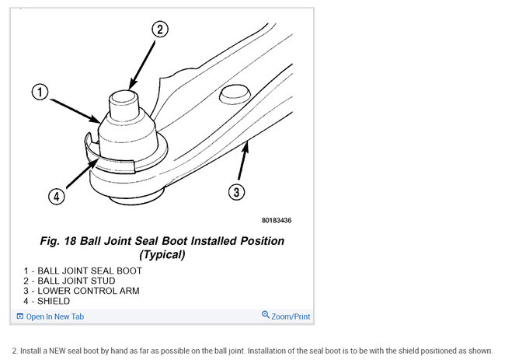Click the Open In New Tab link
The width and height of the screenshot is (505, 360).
click(x=54, y=316)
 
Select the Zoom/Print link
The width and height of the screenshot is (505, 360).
click(x=291, y=316)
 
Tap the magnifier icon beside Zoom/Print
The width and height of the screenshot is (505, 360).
click(x=266, y=316)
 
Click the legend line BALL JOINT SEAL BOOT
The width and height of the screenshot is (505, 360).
click(x=83, y=271)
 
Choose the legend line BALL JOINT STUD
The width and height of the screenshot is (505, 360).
click(x=70, y=281)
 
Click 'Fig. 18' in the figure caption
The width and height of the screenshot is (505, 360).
click(x=61, y=241)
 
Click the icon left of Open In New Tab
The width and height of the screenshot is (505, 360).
click(x=20, y=316)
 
